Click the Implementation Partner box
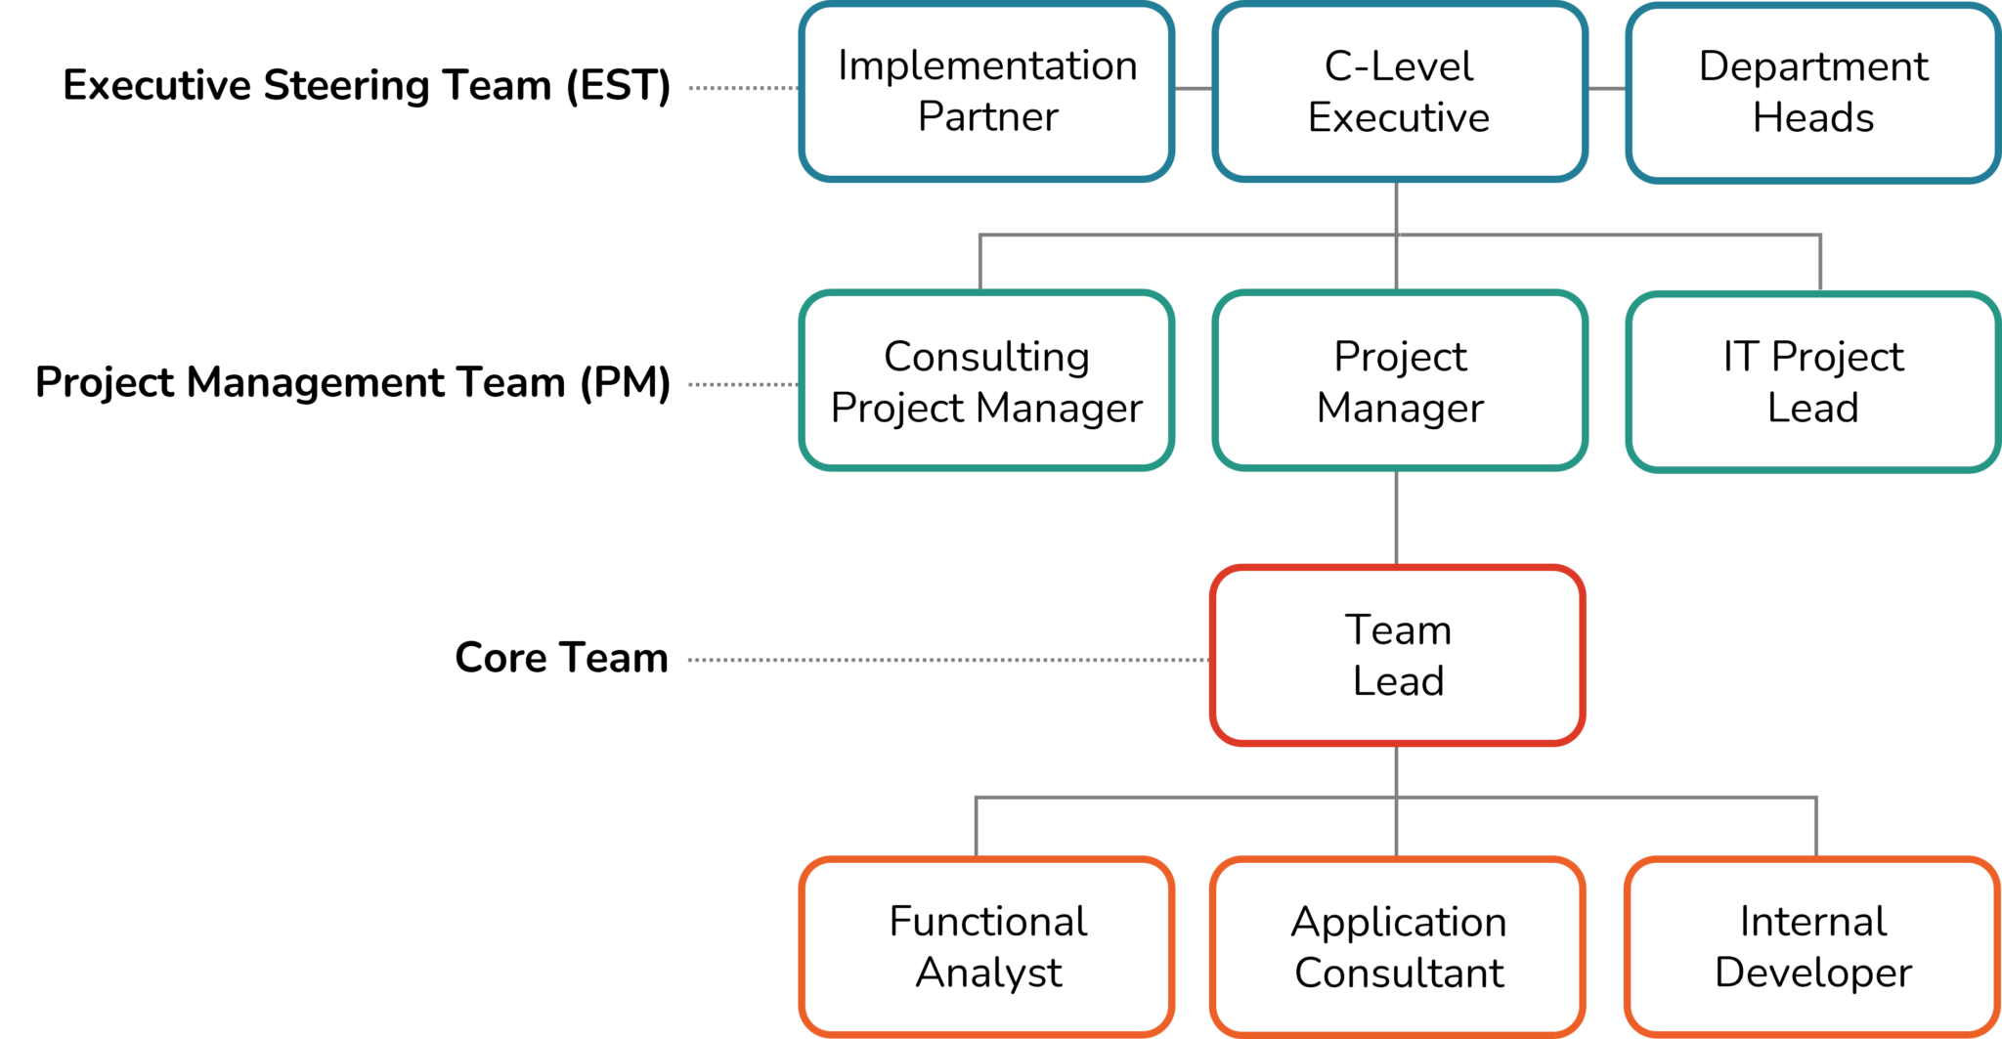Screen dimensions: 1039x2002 click(986, 91)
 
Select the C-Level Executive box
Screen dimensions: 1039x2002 click(1399, 91)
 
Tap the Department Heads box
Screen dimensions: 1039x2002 click(1812, 91)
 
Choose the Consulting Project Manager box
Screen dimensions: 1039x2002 click(986, 381)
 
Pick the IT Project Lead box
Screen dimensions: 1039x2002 click(1812, 381)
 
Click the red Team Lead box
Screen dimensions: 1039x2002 click(1398, 655)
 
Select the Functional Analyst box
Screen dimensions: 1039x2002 click(986, 946)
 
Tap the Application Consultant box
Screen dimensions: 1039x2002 click(1398, 946)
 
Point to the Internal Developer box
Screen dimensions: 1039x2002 click(1812, 946)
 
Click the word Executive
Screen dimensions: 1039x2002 click(1399, 117)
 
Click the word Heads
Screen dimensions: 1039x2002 click(1813, 117)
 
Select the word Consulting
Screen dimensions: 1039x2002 click(986, 357)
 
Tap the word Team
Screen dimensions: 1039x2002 click(1398, 629)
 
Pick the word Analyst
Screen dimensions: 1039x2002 click(988, 973)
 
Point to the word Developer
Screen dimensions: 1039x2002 click(1813, 973)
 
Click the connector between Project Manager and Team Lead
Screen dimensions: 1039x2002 click(1396, 518)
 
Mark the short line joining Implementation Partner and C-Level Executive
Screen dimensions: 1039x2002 click(1193, 88)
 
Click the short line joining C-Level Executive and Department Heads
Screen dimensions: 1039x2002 click(1606, 88)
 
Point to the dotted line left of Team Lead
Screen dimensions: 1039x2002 click(948, 660)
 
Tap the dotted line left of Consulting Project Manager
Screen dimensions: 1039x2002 click(743, 384)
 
